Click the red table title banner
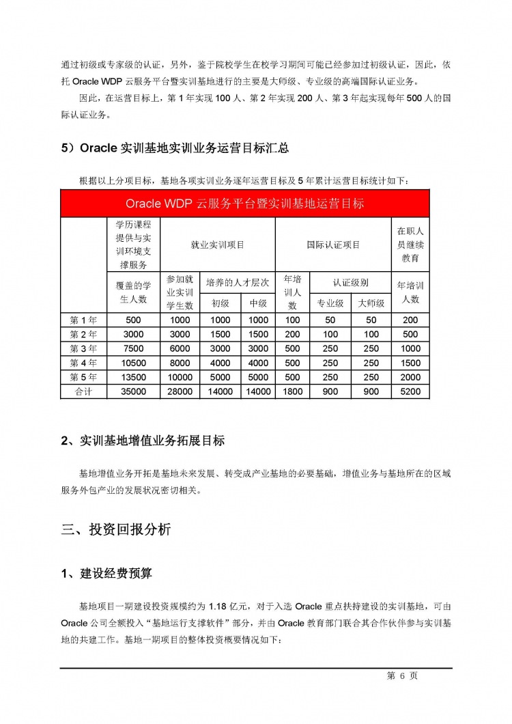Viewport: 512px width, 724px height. point(245,204)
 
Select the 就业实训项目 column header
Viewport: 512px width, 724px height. point(217,245)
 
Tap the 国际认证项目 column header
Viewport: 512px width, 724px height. point(332,245)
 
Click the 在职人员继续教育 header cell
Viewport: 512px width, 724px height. point(410,245)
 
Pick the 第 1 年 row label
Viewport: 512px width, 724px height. point(84,320)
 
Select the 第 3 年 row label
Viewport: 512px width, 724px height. point(84,348)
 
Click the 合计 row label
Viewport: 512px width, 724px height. point(84,392)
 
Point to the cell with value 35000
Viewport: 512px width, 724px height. point(133,392)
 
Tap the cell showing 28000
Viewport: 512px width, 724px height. point(180,392)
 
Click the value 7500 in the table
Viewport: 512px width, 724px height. point(133,348)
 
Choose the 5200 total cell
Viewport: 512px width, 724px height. point(410,392)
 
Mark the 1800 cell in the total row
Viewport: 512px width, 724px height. point(292,392)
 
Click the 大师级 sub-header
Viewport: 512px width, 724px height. point(371,303)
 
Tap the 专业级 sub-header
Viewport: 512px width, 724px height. point(330,303)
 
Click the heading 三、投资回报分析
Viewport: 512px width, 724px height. point(116,530)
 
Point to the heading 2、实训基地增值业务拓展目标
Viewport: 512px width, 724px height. point(143,441)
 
